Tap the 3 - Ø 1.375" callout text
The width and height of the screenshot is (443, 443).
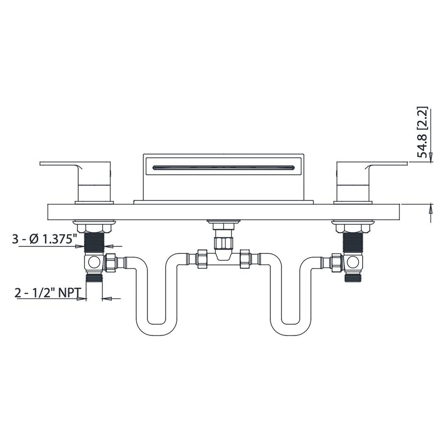[44, 239]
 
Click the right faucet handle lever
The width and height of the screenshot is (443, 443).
[388, 165]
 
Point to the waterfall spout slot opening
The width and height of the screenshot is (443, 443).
[223, 167]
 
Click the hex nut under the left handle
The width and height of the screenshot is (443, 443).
[94, 228]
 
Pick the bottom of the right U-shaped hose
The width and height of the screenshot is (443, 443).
[290, 330]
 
